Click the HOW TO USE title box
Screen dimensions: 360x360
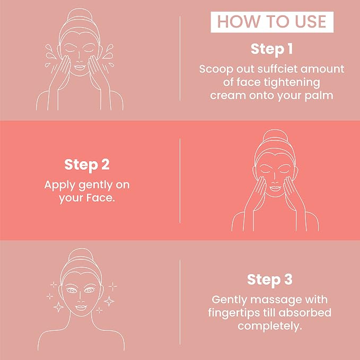[x=272, y=22]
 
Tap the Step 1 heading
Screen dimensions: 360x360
[x=271, y=49]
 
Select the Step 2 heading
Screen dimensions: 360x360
[x=87, y=165]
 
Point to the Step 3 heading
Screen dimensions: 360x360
[x=270, y=280]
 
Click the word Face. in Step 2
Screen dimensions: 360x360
[x=101, y=198]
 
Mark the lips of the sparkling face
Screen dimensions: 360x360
[x=81, y=308]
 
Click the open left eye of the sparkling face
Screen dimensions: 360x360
[x=72, y=291]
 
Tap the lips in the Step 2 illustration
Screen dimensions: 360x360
[x=275, y=188]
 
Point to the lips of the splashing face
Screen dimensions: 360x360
[x=80, y=67]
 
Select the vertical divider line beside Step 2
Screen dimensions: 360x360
[x=180, y=181]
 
